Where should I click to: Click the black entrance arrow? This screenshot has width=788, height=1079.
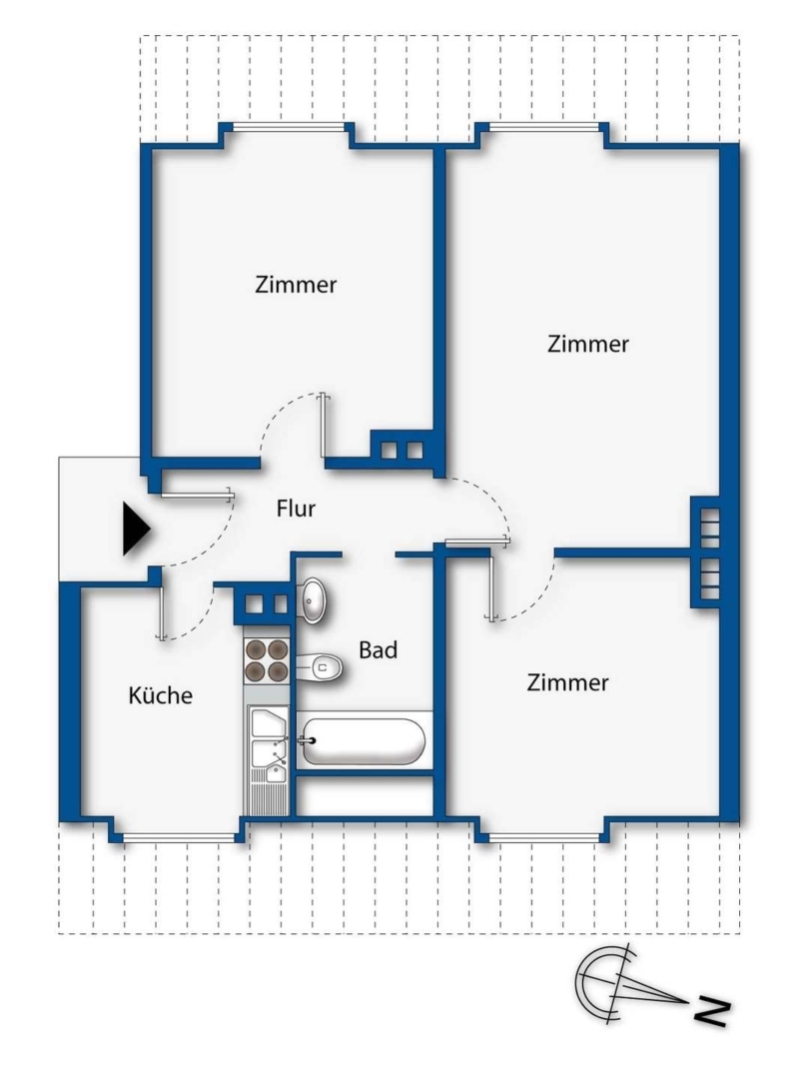click(136, 529)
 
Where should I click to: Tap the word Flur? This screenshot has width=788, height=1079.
click(296, 509)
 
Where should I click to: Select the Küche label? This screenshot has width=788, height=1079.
click(160, 695)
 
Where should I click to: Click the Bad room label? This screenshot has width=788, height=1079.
click(379, 649)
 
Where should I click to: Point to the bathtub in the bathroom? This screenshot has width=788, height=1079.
click(364, 741)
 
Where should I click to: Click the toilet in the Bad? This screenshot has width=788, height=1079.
click(320, 666)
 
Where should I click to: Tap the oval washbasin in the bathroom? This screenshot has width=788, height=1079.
click(315, 600)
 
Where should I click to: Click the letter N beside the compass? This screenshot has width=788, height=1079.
click(712, 1012)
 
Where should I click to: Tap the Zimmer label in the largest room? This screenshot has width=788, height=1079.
click(588, 344)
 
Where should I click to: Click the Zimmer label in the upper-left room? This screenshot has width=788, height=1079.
click(296, 284)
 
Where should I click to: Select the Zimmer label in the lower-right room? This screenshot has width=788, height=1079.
click(567, 682)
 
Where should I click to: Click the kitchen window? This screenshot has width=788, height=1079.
click(178, 837)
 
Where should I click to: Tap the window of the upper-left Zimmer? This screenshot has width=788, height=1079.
click(288, 126)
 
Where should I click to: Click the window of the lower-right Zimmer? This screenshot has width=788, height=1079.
click(544, 837)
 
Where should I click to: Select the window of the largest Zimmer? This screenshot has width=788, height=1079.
click(544, 126)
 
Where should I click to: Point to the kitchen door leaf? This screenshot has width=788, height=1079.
click(161, 612)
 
